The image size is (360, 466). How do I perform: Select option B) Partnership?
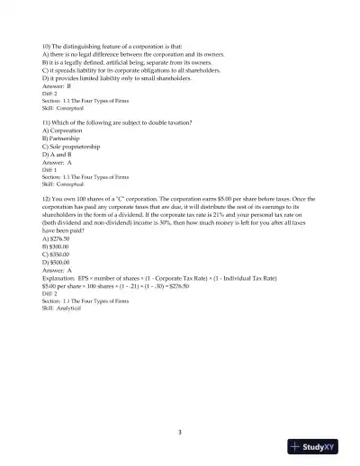coord(60,139)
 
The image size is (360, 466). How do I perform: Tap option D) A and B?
coord(56,156)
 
